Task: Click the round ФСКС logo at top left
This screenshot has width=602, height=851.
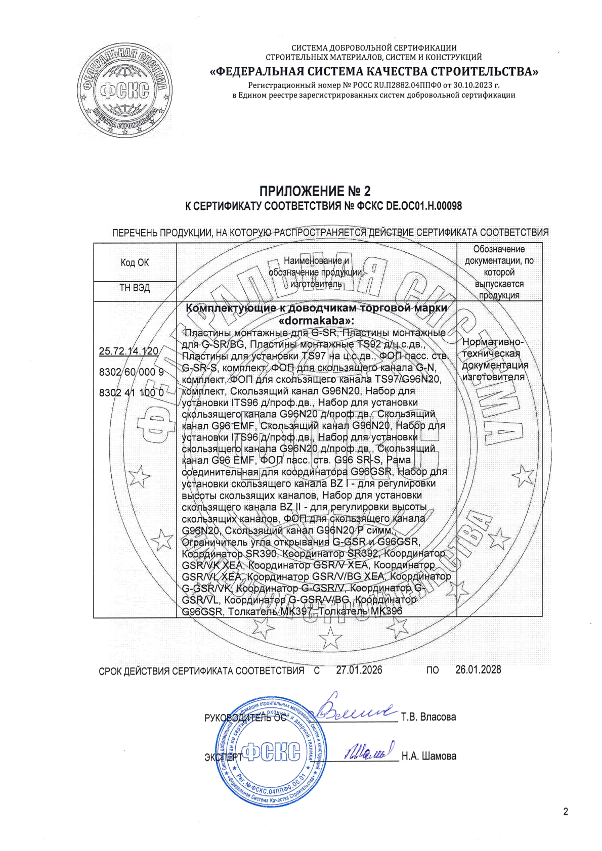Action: (124, 91)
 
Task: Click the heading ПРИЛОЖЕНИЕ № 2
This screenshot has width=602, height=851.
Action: (315, 191)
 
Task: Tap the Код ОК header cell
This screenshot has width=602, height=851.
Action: (135, 262)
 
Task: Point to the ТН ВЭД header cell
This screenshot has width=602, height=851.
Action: (135, 288)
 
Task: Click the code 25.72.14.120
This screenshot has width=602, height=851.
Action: (128, 351)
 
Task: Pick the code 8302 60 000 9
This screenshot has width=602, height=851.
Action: (132, 372)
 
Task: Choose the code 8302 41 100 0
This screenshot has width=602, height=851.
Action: (132, 392)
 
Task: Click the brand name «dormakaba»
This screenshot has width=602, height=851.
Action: (317, 321)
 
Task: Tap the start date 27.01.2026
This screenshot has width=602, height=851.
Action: (359, 670)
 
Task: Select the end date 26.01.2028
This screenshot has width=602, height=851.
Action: (478, 670)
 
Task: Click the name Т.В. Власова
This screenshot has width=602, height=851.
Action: (428, 717)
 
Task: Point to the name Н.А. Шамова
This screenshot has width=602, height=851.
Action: (428, 756)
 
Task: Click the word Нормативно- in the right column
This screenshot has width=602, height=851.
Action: (493, 342)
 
